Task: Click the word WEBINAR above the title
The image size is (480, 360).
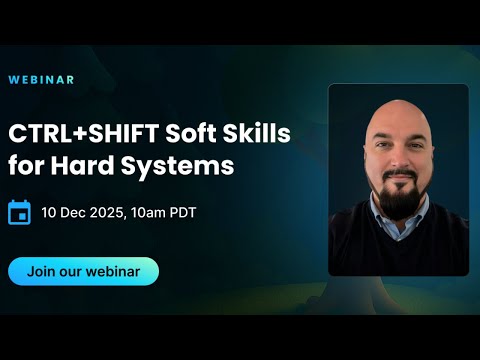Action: click(x=40, y=78)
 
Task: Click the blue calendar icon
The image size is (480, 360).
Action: click(x=19, y=212)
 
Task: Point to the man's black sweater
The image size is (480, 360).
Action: click(x=400, y=250)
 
